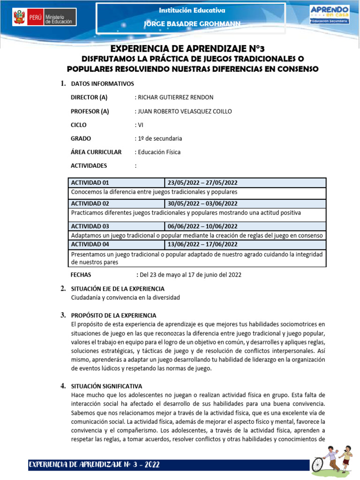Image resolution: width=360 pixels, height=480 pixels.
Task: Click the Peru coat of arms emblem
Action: pyautogui.click(x=18, y=19)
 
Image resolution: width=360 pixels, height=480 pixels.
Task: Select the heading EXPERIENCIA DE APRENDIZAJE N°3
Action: pyautogui.click(x=190, y=49)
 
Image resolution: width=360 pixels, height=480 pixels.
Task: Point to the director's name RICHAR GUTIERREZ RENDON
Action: pyautogui.click(x=175, y=97)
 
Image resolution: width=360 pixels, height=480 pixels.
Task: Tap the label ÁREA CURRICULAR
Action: pyautogui.click(x=96, y=152)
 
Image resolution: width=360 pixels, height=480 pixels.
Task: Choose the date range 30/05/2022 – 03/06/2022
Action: pyautogui.click(x=202, y=203)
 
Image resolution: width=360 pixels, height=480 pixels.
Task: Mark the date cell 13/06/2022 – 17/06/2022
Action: pyautogui.click(x=202, y=244)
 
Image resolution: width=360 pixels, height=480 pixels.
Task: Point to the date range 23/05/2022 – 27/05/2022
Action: pyautogui.click(x=202, y=183)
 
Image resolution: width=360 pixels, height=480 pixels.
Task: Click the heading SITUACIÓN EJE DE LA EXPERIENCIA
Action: pyautogui.click(x=117, y=289)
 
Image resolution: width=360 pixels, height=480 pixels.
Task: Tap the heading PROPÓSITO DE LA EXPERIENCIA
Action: pyautogui.click(x=113, y=315)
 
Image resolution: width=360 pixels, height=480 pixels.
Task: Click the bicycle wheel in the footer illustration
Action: pyautogui.click(x=318, y=464)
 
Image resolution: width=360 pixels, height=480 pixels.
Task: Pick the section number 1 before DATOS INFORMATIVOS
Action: pyautogui.click(x=62, y=83)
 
